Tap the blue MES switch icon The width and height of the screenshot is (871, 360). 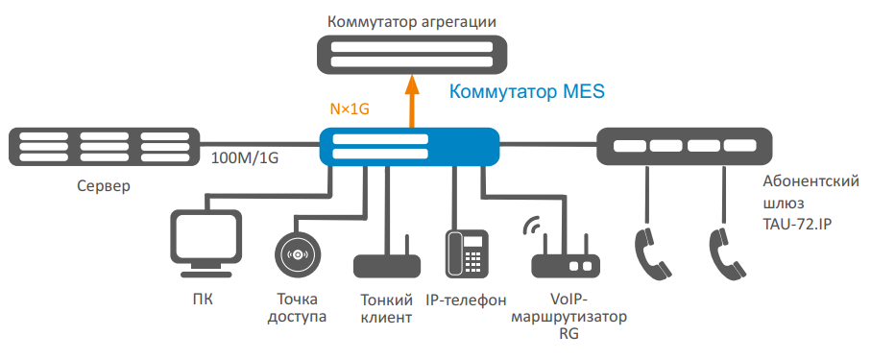(410, 146)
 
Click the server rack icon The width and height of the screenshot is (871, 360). (105, 146)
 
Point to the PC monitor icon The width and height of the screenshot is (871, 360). (206, 243)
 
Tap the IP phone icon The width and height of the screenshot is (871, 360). (467, 253)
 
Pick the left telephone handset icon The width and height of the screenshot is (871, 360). (651, 253)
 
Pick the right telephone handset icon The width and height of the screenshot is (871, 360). (727, 253)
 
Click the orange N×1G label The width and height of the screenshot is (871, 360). (350, 108)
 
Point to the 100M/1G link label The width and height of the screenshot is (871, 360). (245, 158)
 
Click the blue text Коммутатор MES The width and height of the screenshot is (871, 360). (526, 91)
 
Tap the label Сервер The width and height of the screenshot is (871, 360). (104, 185)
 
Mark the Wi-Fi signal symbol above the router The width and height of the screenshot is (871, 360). (532, 225)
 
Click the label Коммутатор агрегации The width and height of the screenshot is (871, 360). (412, 22)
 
